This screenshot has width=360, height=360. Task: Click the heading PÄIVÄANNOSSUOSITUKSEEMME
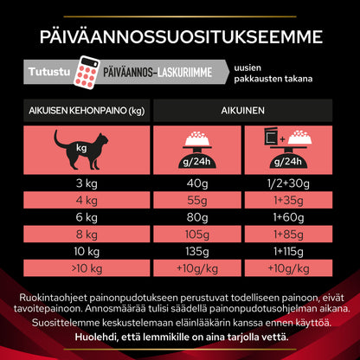(x=180, y=37)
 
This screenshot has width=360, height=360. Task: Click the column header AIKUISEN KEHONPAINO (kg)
(x=86, y=112)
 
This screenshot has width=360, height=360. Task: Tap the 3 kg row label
(x=86, y=182)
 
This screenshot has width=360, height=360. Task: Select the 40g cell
(x=198, y=182)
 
